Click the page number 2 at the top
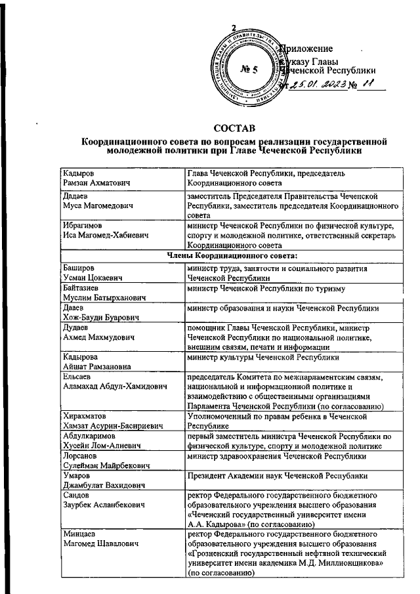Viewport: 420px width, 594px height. click(233, 28)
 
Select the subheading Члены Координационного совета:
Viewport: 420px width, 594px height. click(235, 255)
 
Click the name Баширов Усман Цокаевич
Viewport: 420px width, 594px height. click(92, 274)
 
